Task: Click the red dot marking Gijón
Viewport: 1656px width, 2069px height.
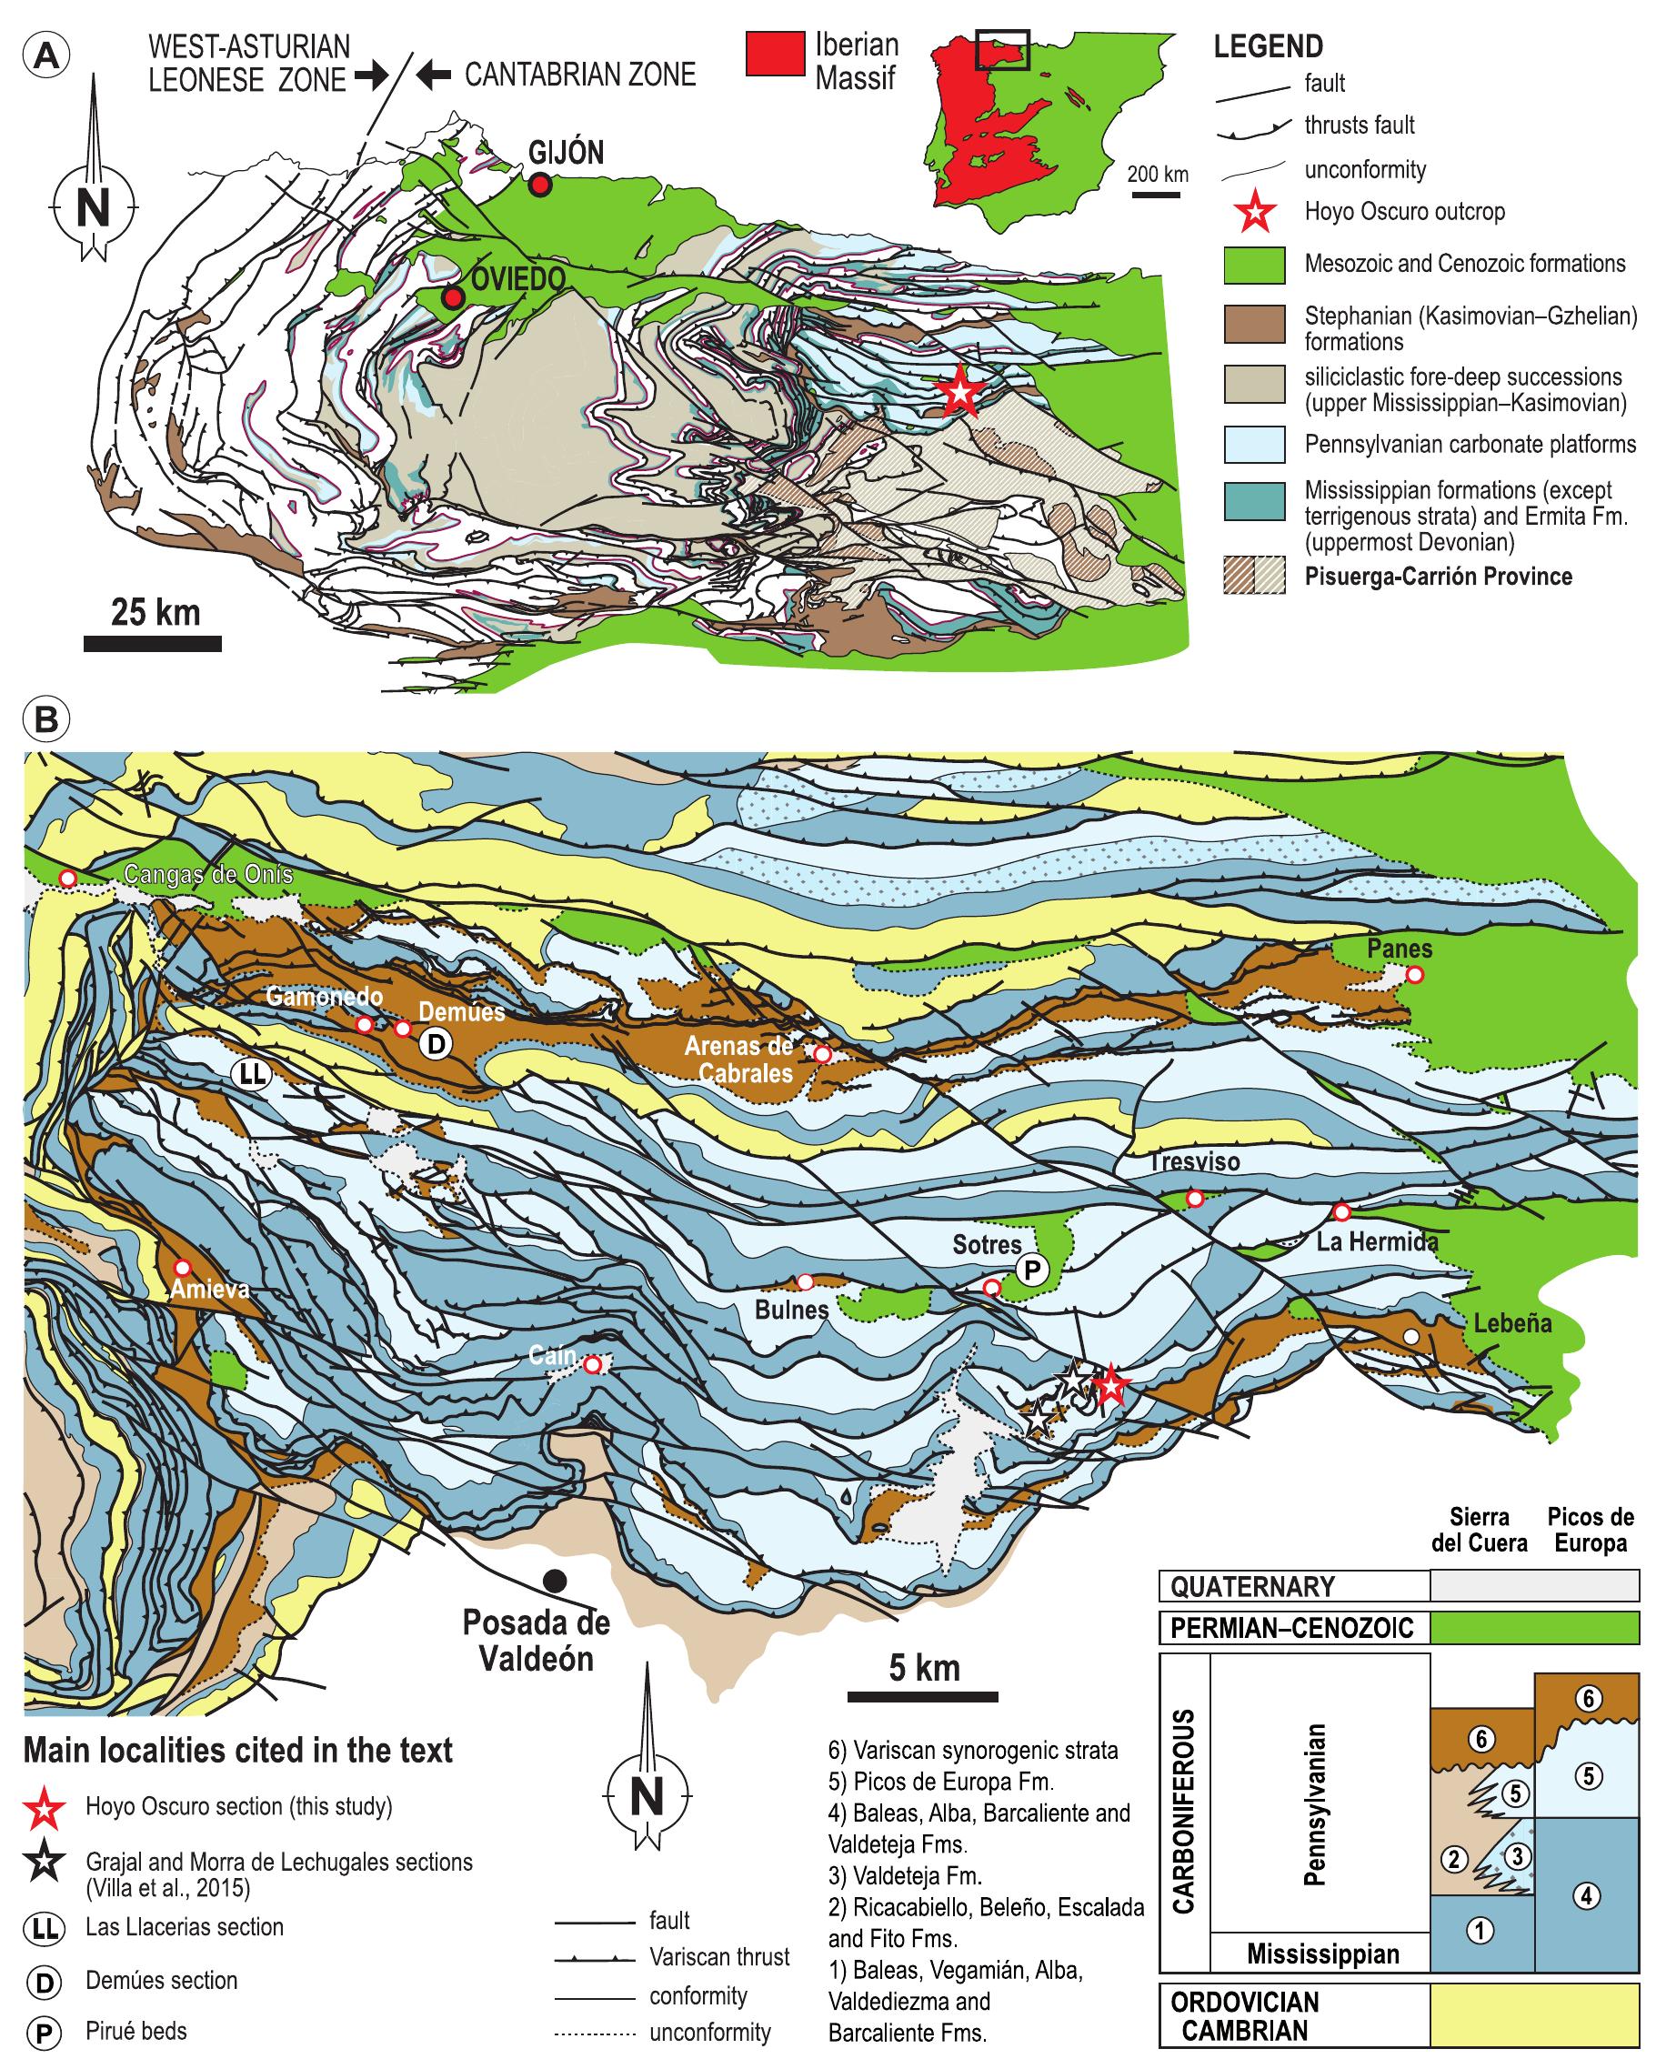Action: pos(540,186)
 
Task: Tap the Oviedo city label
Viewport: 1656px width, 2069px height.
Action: pos(517,279)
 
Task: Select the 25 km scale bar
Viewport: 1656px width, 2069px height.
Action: pos(153,643)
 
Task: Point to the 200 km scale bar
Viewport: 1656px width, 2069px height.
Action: pos(1155,195)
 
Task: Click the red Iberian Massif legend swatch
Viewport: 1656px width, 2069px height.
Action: pos(774,54)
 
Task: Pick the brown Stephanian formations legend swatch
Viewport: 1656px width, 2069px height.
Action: pos(1254,325)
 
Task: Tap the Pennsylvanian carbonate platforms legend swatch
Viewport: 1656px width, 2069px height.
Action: pos(1254,445)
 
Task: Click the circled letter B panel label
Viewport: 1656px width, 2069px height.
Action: pos(45,719)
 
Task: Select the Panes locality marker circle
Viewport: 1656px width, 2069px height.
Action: pos(1413,975)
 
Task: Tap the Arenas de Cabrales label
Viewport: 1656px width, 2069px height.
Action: pos(738,1060)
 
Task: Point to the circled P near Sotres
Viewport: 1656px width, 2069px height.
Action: pos(1031,1271)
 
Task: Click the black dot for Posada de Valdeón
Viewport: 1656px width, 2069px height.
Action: pos(554,1581)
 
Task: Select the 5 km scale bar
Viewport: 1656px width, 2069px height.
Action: pos(922,1697)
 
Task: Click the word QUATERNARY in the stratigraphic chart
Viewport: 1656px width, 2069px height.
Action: pos(1252,1586)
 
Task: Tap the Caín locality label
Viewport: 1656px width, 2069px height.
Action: pos(553,1356)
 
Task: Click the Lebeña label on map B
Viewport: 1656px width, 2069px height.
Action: pos(1512,1324)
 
